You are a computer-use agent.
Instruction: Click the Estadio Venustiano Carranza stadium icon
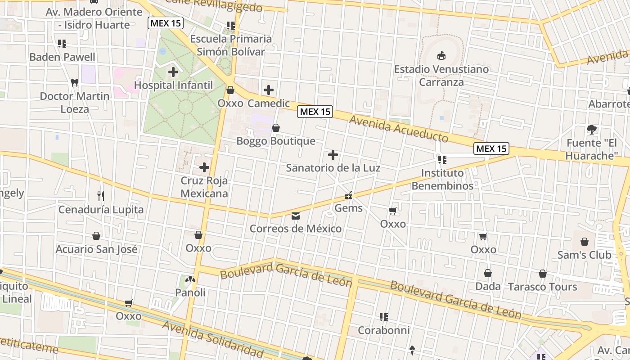441,56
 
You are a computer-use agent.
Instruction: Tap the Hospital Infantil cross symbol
173,72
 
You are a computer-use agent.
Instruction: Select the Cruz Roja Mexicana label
204,187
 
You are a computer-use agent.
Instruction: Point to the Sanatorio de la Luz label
333,168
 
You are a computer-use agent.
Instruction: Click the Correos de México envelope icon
296,216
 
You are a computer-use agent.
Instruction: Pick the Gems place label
348,208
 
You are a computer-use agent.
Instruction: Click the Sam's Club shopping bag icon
585,242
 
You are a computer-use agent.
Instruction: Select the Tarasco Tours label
542,287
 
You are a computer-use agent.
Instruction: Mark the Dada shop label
488,286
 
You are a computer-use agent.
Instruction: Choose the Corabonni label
383,330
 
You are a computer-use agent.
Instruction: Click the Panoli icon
190,280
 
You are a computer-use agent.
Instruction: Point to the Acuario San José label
96,249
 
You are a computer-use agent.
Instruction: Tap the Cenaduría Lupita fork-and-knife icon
101,196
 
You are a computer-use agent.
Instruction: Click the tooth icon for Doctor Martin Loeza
75,83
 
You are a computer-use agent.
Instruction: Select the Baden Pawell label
62,57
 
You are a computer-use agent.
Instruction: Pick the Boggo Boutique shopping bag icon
276,128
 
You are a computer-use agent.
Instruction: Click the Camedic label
269,103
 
